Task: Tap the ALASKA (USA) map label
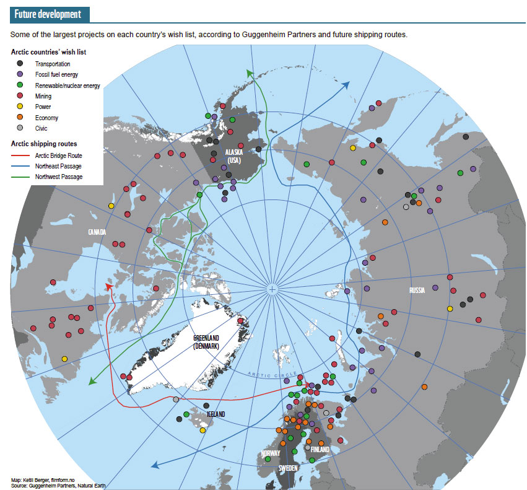click(233, 157)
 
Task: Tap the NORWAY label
click(270, 453)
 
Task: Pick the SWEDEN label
click(289, 469)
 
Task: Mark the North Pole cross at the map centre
click(272, 289)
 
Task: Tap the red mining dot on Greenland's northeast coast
click(240, 320)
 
